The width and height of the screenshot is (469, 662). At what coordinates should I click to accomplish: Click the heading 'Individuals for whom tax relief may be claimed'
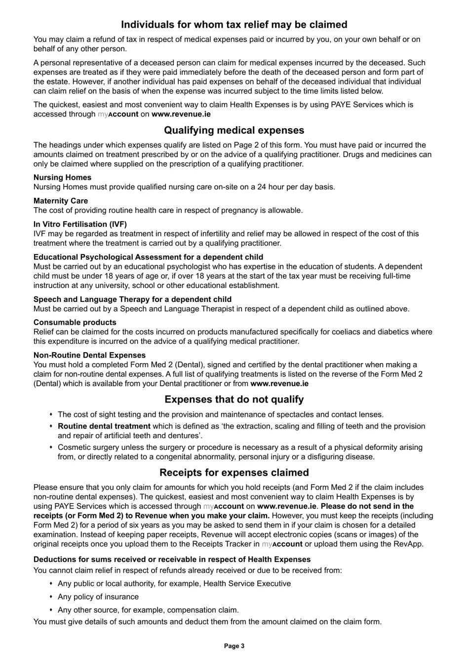pos(234,25)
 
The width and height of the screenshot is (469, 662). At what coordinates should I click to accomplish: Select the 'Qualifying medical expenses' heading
pos(234,131)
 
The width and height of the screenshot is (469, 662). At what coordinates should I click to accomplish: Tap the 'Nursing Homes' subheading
pos(62,178)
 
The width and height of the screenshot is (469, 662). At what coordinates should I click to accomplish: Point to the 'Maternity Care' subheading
pos(61,201)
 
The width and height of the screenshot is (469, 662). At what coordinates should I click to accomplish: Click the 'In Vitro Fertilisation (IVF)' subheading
pos(80,224)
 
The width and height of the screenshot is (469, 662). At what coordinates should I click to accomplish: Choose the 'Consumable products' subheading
pos(75,323)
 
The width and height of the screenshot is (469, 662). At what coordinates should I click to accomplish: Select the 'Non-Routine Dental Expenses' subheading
pos(89,355)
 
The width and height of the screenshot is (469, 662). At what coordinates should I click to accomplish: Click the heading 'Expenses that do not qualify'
pos(234,400)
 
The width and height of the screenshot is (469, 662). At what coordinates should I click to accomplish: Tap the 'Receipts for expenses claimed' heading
pos(234,473)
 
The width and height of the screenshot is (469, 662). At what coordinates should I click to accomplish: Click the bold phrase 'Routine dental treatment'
pos(104,426)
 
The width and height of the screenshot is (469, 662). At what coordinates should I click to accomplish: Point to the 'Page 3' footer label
pos(234,646)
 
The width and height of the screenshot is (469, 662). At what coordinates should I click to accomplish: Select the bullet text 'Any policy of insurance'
pos(98,597)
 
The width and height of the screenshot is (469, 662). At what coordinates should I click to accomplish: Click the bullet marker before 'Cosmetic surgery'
pos(51,447)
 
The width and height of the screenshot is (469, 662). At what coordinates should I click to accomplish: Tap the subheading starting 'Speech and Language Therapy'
pos(132,299)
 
